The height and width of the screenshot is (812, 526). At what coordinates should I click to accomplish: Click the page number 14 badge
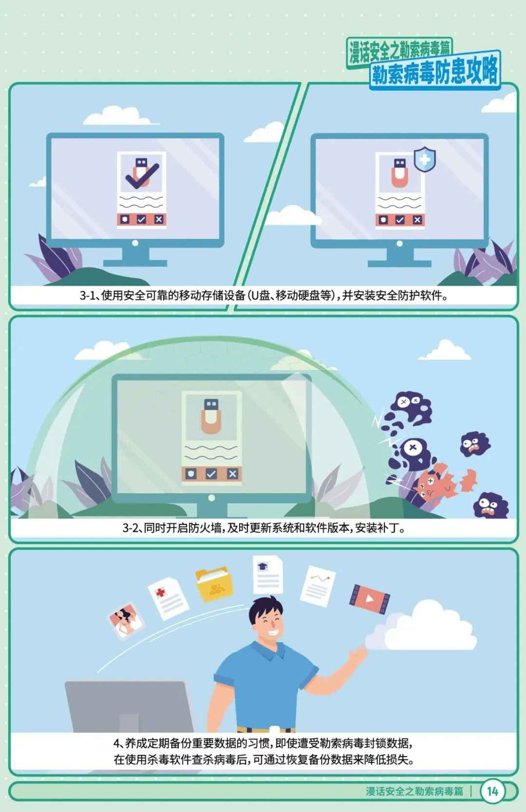[x=492, y=791]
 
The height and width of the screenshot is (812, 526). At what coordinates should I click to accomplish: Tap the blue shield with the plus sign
[x=425, y=159]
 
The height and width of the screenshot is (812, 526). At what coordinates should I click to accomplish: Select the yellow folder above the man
[x=213, y=584]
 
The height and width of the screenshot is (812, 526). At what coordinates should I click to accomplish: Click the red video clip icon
[x=369, y=599]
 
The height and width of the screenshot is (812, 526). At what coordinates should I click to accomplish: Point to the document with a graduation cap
[x=268, y=575]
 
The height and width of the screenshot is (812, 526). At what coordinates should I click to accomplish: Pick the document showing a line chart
[x=318, y=586]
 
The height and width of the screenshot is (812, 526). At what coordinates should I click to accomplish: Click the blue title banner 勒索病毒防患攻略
[x=435, y=71]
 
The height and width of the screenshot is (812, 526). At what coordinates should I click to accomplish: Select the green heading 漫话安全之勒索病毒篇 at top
[x=399, y=51]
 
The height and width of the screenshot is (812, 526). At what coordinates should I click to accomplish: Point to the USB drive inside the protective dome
[x=211, y=416]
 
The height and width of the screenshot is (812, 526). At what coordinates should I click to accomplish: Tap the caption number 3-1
[x=88, y=296]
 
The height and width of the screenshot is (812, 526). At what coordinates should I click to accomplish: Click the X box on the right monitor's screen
[x=417, y=220]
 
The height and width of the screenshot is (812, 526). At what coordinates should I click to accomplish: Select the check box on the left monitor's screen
[x=141, y=220]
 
